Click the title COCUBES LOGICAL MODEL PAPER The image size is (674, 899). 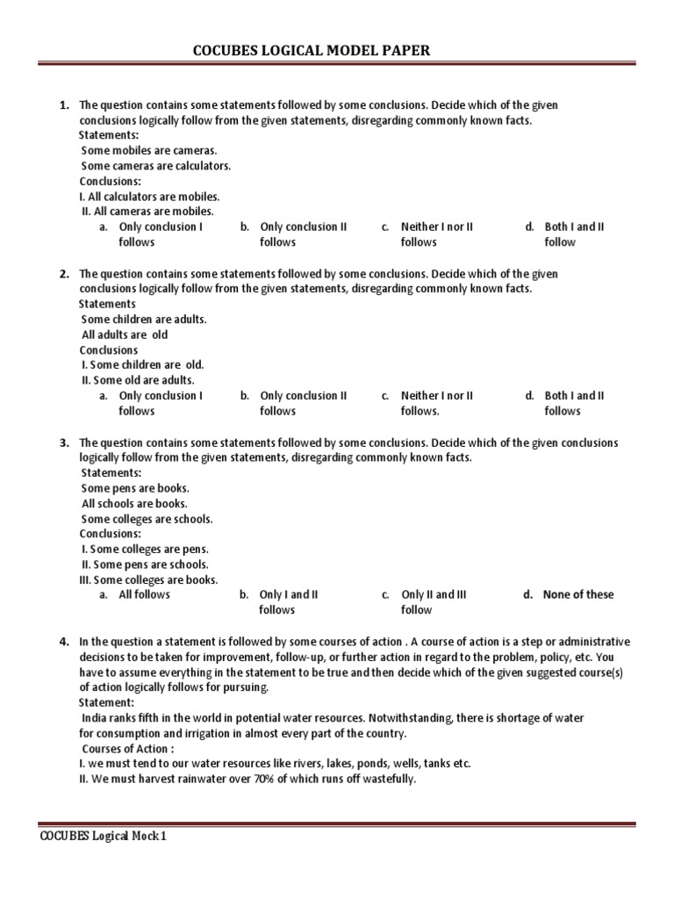[312, 51]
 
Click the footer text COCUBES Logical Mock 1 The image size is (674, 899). [103, 837]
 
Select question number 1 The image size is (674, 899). [64, 105]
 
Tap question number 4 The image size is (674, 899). [64, 642]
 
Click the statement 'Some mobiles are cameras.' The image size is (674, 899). [148, 150]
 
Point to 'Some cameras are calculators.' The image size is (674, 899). [156, 166]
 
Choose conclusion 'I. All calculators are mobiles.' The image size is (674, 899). [149, 197]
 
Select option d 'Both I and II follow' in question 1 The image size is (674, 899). [574, 234]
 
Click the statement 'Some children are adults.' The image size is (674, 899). [144, 320]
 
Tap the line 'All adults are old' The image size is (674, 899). [125, 334]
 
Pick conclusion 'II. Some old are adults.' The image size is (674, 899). [137, 380]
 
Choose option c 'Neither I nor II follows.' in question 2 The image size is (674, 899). [437, 403]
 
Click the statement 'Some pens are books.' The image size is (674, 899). [135, 488]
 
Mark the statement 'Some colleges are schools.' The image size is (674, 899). [147, 519]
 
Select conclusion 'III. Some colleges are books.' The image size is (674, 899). [148, 579]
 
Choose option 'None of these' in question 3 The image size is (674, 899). [578, 594]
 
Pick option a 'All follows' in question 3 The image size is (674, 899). [145, 594]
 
